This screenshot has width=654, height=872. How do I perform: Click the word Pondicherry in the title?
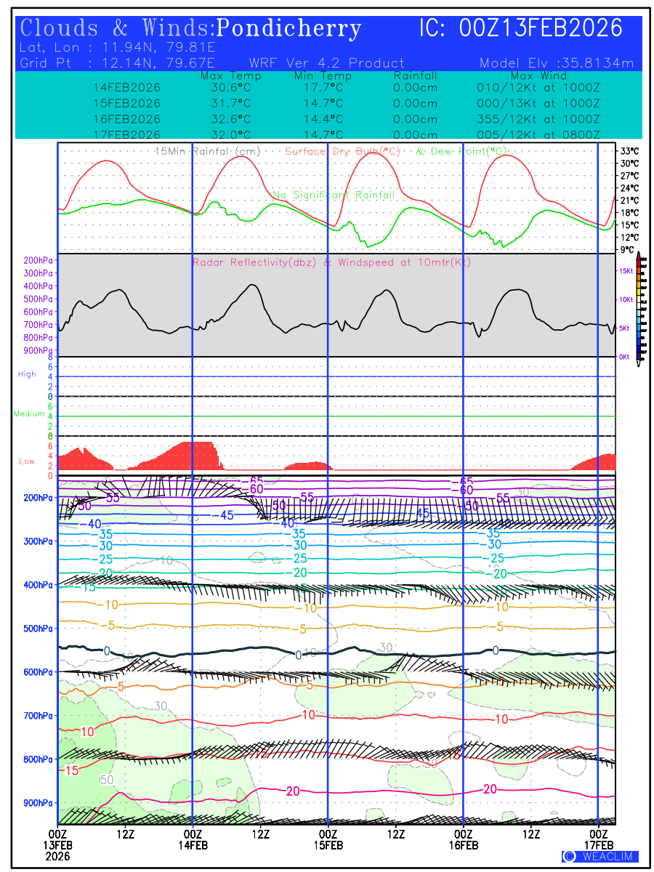pos(288,29)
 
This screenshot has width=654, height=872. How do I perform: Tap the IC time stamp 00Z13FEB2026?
pos(541,28)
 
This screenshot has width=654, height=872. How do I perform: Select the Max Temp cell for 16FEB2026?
pos(226,119)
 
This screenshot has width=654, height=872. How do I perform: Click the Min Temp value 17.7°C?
pos(323,88)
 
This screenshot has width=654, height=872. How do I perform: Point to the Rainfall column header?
pos(415,76)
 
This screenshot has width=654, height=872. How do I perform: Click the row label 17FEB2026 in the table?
pos(126,134)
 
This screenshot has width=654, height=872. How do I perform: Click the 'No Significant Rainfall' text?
pos(334,195)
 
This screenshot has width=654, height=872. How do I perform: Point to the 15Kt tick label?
pos(625,270)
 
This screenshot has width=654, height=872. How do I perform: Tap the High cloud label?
pos(27,374)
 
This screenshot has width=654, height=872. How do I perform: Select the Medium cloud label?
pos(29,414)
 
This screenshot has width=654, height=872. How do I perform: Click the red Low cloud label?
pos(27,461)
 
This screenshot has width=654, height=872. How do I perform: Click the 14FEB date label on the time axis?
pos(192,844)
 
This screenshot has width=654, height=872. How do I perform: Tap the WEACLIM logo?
pos(600,857)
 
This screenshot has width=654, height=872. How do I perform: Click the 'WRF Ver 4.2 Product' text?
pos(327,63)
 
